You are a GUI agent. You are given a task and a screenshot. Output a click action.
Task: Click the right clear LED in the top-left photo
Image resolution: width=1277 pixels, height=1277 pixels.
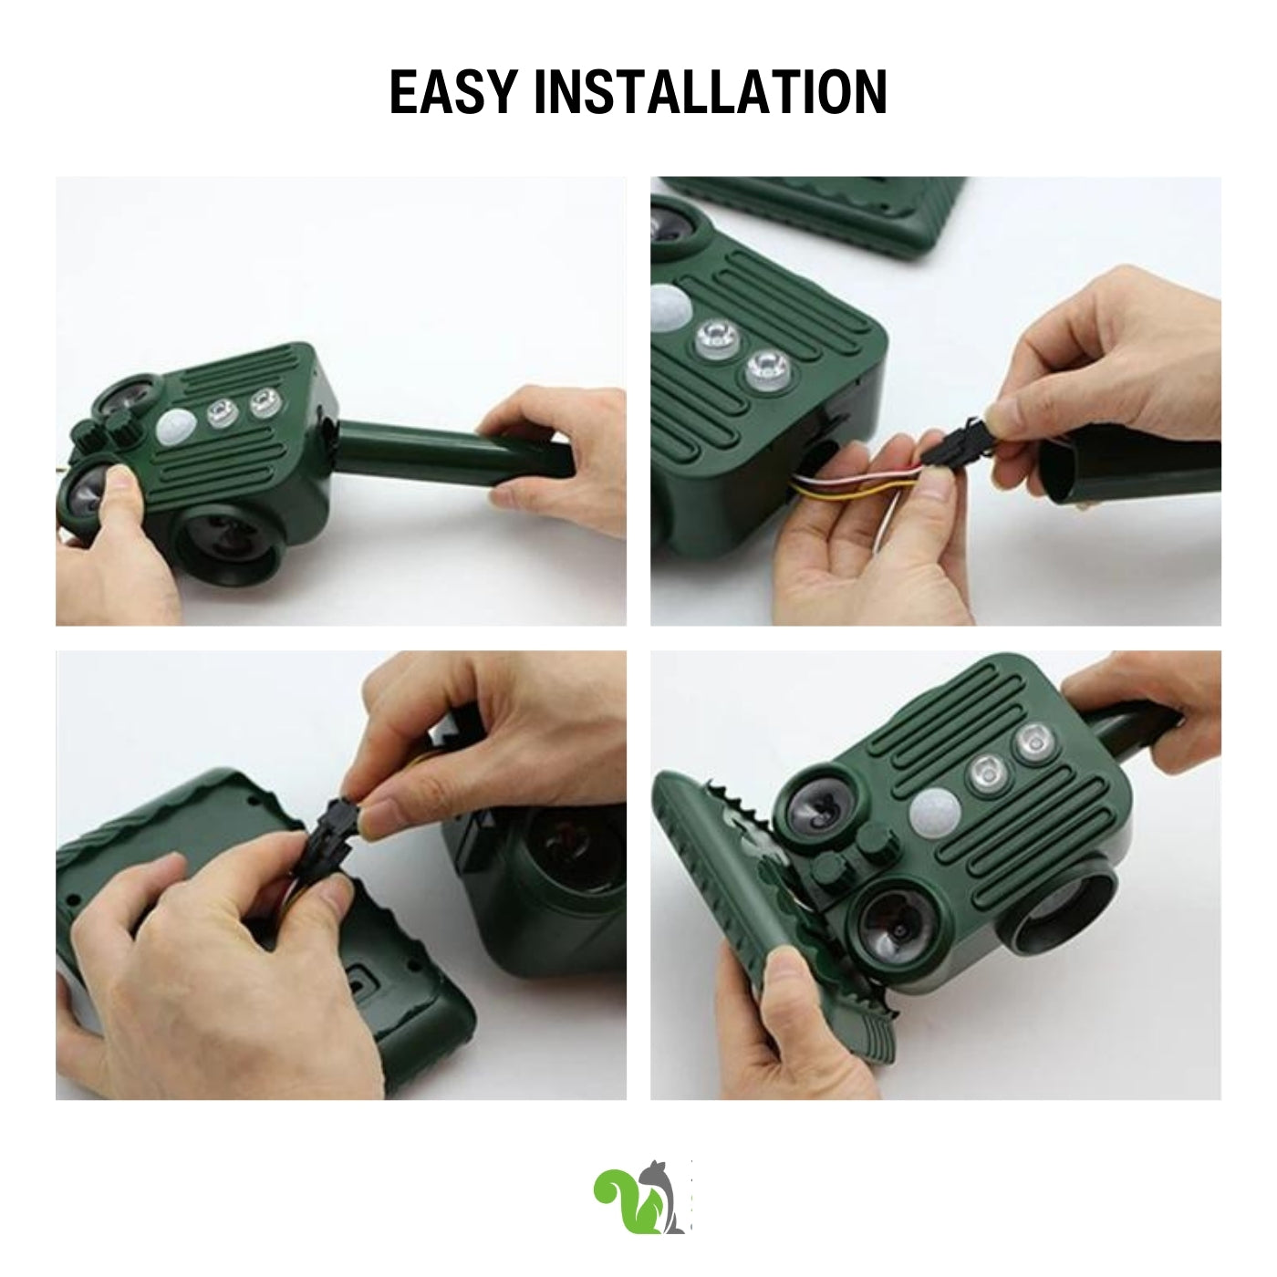click(x=264, y=403)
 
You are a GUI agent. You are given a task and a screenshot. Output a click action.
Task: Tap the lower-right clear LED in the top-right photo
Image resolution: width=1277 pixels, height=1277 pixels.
click(x=769, y=368)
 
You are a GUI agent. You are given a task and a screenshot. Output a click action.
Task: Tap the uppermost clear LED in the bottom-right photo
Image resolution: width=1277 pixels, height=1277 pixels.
click(x=1033, y=741)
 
